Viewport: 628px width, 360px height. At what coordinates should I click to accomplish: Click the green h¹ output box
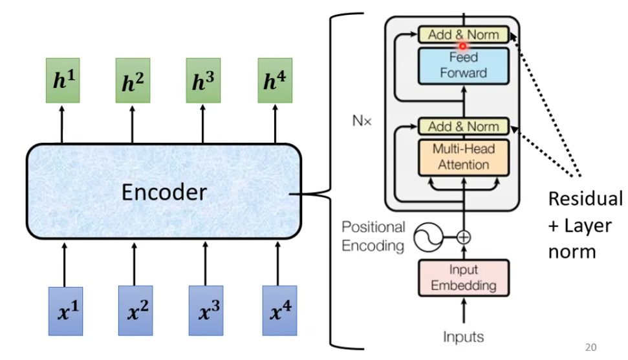[x=62, y=80]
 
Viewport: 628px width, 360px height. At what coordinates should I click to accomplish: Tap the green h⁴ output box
[x=274, y=80]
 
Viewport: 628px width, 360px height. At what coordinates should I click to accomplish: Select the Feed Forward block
[x=463, y=65]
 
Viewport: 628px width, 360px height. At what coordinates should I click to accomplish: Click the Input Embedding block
[x=463, y=277]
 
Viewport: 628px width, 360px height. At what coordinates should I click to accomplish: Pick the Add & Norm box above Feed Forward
[x=463, y=35]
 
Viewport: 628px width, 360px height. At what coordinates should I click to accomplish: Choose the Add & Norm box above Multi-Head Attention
[x=463, y=126]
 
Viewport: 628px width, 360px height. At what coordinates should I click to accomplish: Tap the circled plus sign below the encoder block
[x=463, y=237]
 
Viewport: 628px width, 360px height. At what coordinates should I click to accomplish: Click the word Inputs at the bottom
[x=463, y=337]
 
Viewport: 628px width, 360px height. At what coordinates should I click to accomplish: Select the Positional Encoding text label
[x=373, y=236]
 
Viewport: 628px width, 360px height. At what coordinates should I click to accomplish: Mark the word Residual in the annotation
[x=585, y=198]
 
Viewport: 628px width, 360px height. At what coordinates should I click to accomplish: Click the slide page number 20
[x=590, y=347]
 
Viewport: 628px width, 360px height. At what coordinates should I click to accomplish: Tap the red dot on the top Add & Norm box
[x=463, y=45]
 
